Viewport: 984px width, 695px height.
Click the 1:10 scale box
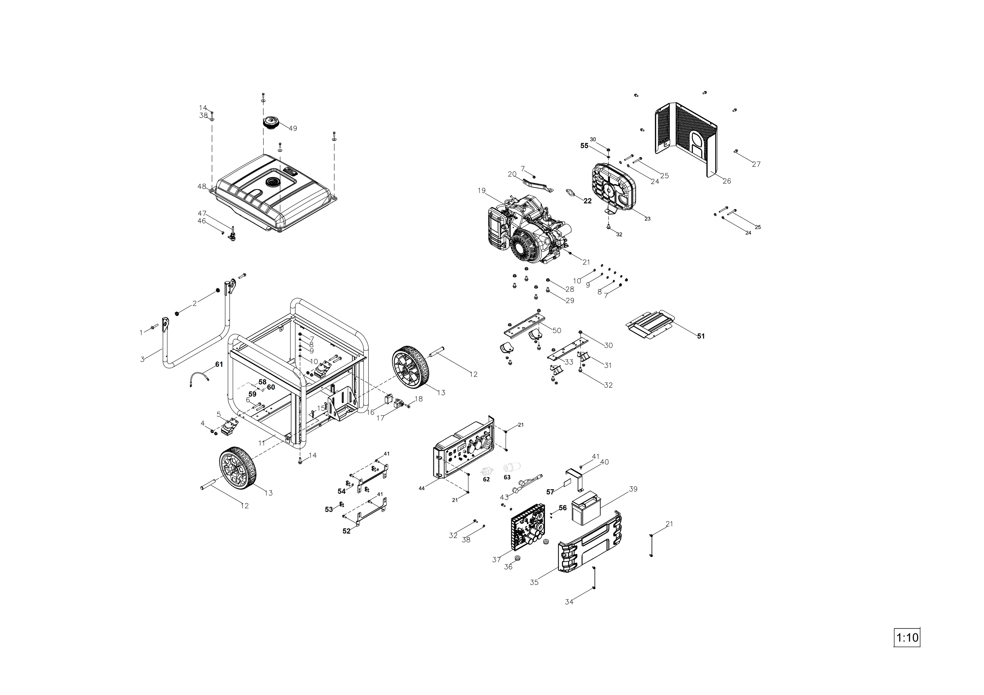(906, 650)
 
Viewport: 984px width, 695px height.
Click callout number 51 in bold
(701, 336)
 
